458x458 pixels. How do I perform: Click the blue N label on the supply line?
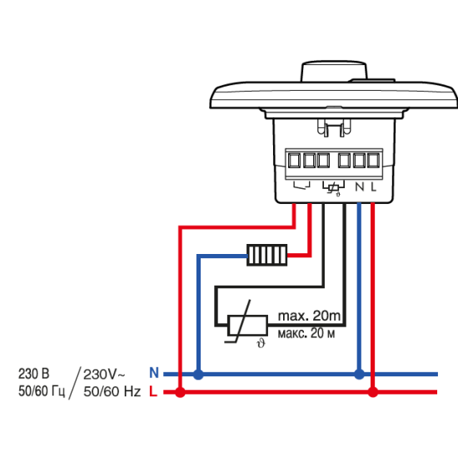tap(154, 372)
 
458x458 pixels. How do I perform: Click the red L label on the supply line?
tap(153, 391)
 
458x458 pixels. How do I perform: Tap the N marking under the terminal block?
tap(360, 187)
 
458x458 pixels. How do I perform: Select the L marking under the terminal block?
tap(374, 187)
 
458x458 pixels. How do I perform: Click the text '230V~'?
tap(104, 374)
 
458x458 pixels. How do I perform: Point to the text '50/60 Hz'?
tap(112, 391)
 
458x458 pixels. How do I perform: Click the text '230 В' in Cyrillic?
tap(34, 374)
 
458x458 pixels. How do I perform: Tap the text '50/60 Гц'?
tap(42, 391)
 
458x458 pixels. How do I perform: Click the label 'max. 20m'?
tap(309, 316)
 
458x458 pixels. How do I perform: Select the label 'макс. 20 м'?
tap(306, 333)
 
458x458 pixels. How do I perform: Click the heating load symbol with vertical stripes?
tap(267, 255)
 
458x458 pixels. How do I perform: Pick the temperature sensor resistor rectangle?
tap(247, 326)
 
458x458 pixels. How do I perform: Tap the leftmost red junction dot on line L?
tap(180, 392)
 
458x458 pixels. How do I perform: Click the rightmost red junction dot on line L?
tap(373, 392)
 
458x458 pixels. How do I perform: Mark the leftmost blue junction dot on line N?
tap(198, 374)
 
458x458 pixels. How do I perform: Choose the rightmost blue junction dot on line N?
tap(359, 374)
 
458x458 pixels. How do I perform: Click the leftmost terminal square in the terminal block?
tap(294, 161)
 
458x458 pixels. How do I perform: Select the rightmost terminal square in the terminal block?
tap(373, 161)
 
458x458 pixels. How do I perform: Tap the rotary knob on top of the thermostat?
tap(334, 72)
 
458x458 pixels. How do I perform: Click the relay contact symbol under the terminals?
tap(301, 185)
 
